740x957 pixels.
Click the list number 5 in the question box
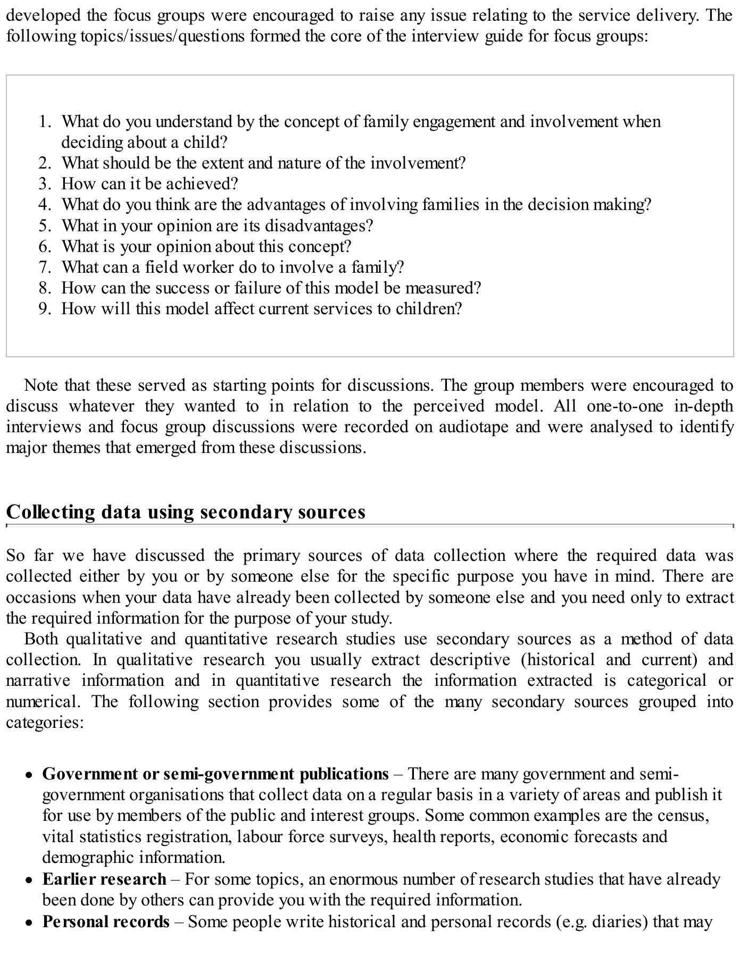click(44, 226)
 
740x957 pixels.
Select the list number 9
click(44, 309)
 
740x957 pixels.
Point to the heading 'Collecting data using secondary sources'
click(186, 512)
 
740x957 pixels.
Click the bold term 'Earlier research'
click(104, 879)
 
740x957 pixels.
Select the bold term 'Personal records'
click(106, 921)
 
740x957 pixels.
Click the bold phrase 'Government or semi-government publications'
click(215, 774)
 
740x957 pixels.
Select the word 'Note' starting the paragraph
click(41, 385)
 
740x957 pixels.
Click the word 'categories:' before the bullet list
click(45, 723)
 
